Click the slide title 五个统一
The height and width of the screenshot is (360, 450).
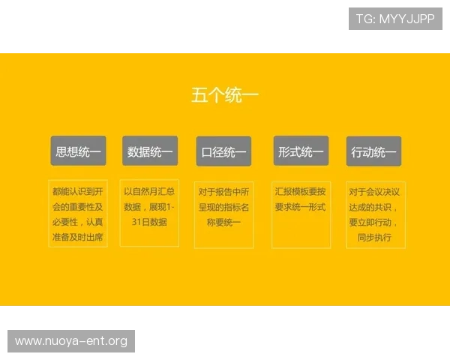click(x=225, y=95)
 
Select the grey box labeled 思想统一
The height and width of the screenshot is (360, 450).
click(x=78, y=151)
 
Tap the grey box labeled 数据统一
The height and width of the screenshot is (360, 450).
click(x=150, y=151)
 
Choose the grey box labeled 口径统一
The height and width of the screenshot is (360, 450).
click(x=223, y=152)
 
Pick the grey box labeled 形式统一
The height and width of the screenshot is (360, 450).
click(x=300, y=151)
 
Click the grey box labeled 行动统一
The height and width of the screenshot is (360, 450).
click(x=373, y=152)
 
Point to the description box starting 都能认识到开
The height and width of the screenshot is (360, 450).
click(x=78, y=214)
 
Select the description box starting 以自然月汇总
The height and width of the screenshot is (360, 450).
click(x=150, y=214)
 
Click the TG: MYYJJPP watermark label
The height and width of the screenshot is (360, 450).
click(x=395, y=19)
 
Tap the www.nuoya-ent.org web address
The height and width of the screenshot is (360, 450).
click(x=71, y=341)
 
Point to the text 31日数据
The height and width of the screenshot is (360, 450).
click(x=150, y=222)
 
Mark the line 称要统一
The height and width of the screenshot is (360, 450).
click(x=223, y=222)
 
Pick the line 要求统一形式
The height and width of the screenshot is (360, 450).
click(x=301, y=207)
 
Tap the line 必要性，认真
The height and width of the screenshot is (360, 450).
click(x=78, y=222)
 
